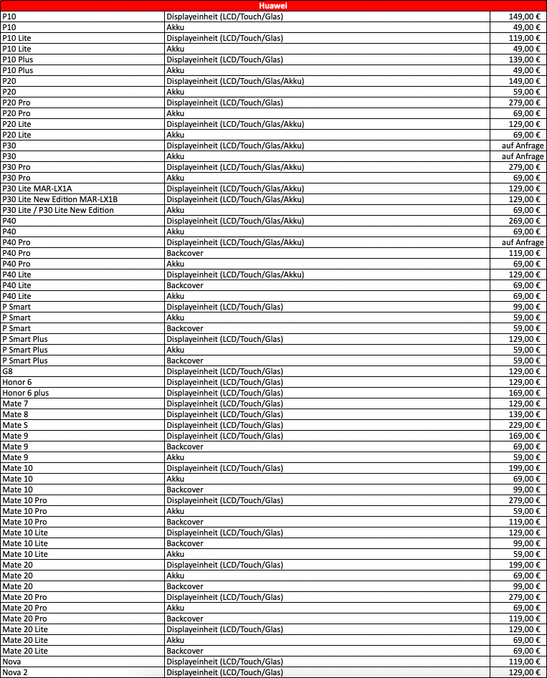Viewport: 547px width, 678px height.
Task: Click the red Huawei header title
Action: [x=273, y=6]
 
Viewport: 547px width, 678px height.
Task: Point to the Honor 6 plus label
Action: [x=26, y=393]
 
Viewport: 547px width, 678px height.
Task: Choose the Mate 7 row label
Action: [x=15, y=404]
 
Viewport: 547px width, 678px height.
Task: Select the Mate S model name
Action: [x=15, y=425]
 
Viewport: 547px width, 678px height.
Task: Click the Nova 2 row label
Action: [x=15, y=672]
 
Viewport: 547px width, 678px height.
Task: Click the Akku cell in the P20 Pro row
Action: [x=175, y=113]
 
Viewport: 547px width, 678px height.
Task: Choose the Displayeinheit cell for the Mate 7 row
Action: [x=224, y=404]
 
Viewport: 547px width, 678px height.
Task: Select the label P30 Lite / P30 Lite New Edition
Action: [x=58, y=210]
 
